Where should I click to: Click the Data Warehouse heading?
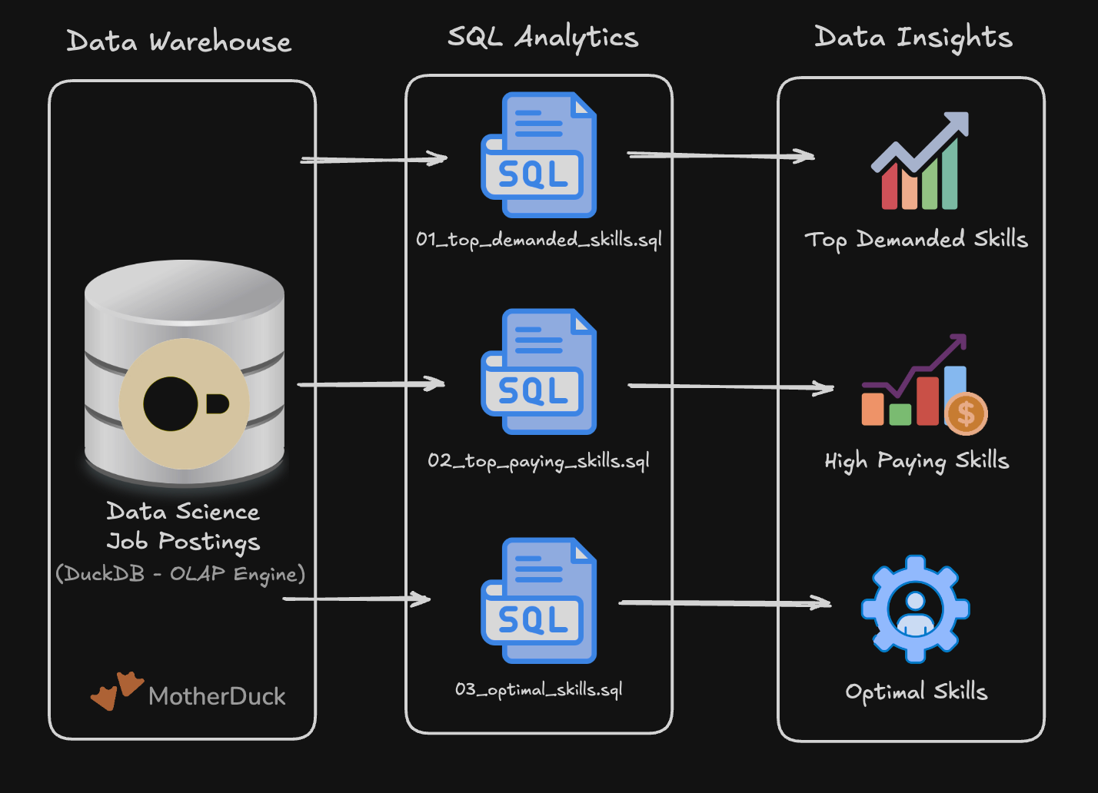[x=179, y=41]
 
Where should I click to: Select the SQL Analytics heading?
[x=543, y=38]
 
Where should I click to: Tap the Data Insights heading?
[x=913, y=38]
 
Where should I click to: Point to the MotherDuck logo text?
[x=217, y=696]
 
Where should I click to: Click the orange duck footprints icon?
[x=117, y=690]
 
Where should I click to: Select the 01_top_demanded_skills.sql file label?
[x=538, y=240]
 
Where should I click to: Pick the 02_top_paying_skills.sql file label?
[x=538, y=461]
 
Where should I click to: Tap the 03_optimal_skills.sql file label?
[x=538, y=689]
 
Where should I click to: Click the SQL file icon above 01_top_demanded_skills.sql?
[x=539, y=155]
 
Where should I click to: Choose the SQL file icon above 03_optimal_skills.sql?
[x=539, y=601]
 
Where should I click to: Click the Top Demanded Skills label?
[x=916, y=239]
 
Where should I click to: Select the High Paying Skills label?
[x=916, y=461]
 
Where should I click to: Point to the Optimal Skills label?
[x=916, y=692]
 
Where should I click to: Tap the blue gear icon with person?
[x=915, y=609]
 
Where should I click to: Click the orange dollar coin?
[x=967, y=413]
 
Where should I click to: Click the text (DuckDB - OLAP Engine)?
[x=181, y=574]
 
